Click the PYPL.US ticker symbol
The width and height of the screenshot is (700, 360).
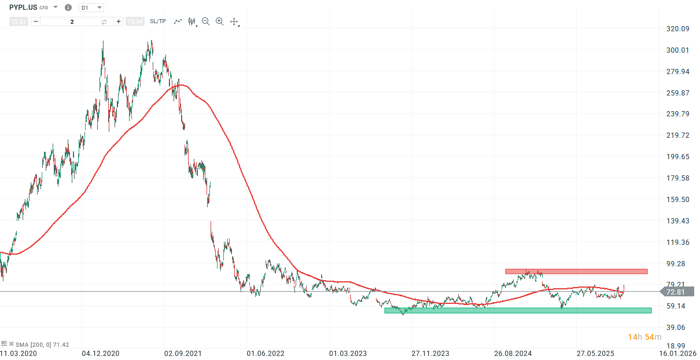(x=23, y=8)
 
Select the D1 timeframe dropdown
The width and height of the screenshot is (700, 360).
(x=91, y=8)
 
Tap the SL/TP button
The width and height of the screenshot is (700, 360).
(x=157, y=21)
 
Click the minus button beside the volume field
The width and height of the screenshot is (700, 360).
(x=36, y=21)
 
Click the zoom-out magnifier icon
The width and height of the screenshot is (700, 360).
(x=206, y=21)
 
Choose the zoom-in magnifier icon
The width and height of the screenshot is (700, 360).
(x=219, y=21)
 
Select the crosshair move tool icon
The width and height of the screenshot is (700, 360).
(x=234, y=21)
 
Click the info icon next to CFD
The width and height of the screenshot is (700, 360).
(x=68, y=8)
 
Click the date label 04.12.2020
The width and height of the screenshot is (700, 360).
(x=101, y=352)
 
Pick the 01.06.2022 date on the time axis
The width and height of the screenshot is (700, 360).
(x=266, y=352)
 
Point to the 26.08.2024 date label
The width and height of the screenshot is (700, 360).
(x=513, y=352)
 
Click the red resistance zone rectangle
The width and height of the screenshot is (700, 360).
(x=576, y=271)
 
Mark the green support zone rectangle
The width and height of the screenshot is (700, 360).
(x=518, y=310)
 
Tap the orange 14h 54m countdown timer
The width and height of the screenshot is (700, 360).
(x=645, y=337)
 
